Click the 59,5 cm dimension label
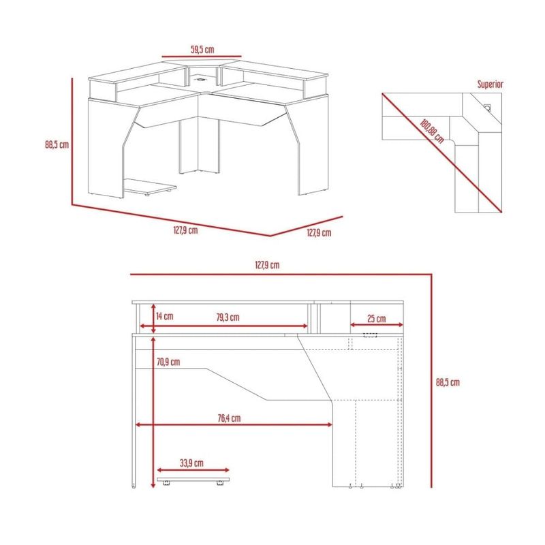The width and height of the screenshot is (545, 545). (x=202, y=49)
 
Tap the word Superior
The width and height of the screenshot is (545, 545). (x=490, y=84)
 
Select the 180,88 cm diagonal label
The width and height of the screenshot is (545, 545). (x=432, y=131)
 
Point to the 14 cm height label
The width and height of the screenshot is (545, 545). (x=164, y=316)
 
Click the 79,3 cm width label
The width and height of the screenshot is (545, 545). (x=228, y=317)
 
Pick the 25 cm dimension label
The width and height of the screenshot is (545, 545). (x=377, y=318)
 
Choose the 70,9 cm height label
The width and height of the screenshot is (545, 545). (x=168, y=362)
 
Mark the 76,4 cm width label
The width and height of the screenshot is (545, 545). (x=229, y=418)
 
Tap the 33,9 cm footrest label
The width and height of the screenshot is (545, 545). (x=191, y=463)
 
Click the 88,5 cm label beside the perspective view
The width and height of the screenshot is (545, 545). (x=57, y=144)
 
